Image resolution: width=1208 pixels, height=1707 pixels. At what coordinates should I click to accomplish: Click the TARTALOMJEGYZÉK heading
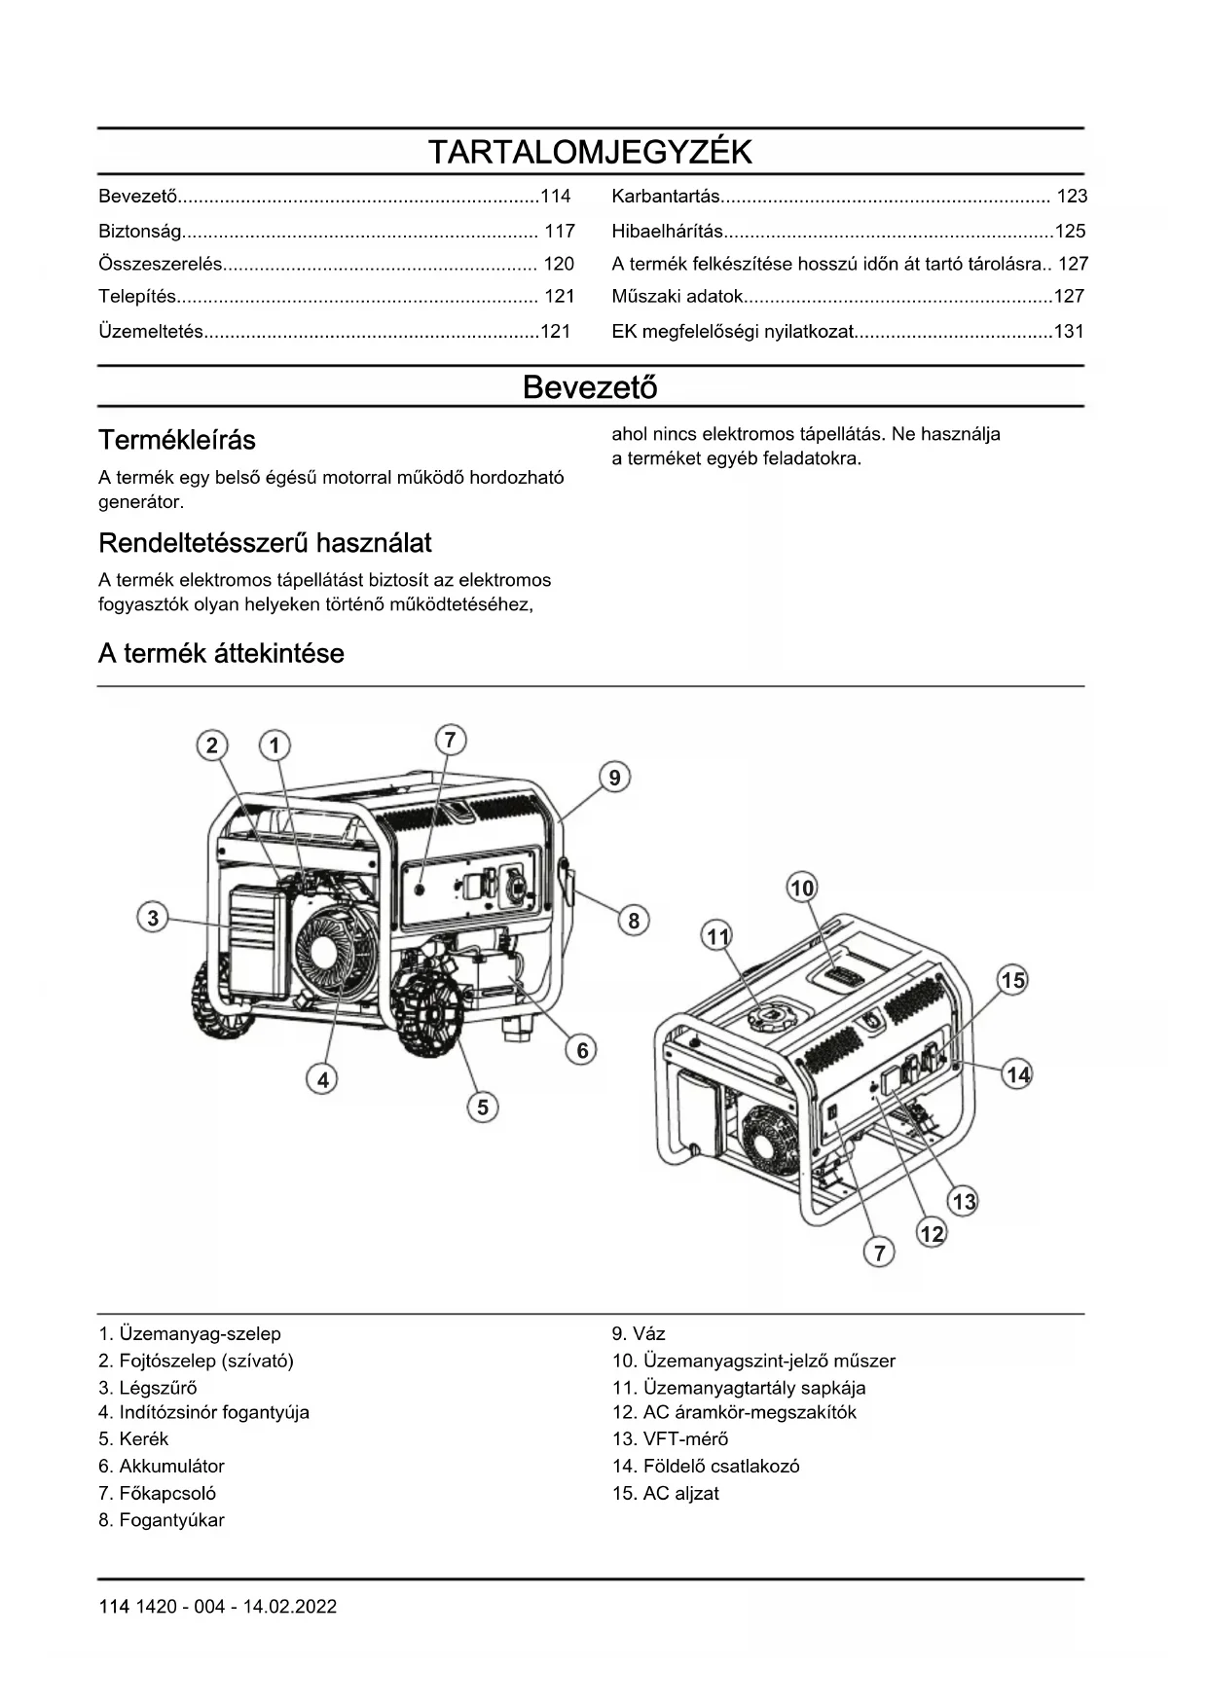tap(590, 153)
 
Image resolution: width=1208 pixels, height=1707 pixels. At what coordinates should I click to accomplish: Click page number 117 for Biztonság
tap(559, 232)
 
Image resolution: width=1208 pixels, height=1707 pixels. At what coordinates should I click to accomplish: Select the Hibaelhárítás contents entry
tap(668, 232)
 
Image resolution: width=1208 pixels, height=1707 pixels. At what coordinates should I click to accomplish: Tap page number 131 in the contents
tap(1069, 332)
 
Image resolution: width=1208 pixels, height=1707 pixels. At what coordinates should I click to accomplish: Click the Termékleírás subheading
tap(177, 440)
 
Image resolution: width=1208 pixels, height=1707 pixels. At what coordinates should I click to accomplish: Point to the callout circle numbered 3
tap(153, 918)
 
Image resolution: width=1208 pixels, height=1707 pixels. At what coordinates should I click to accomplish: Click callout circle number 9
tap(614, 778)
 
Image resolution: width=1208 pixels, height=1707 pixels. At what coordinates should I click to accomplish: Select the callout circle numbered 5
tap(483, 1107)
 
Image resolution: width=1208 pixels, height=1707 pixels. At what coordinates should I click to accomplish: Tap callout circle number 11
tap(717, 936)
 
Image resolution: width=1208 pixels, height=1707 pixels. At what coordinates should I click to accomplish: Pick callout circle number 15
tap(1013, 980)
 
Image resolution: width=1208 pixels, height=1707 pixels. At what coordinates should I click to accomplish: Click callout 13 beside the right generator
tap(964, 1201)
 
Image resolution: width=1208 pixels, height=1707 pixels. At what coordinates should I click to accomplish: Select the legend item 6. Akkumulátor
tap(162, 1466)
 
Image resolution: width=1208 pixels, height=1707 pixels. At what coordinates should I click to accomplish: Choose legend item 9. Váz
tap(639, 1333)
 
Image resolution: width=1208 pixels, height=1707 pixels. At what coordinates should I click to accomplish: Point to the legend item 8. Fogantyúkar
tap(162, 1519)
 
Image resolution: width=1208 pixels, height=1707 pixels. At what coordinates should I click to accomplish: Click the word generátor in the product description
tap(141, 502)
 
